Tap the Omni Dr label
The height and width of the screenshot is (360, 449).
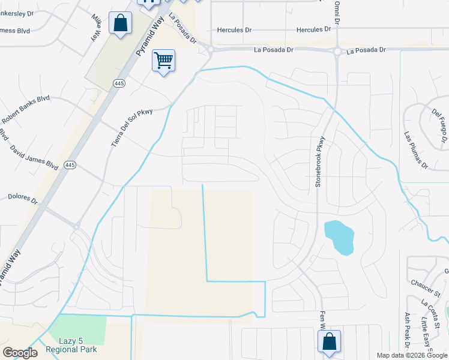click(x=337, y=11)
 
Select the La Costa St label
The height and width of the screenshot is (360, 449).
click(x=430, y=311)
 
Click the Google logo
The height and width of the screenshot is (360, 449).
click(x=20, y=353)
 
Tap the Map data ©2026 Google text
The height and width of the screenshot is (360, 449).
click(x=411, y=355)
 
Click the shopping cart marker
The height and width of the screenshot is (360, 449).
click(x=163, y=61)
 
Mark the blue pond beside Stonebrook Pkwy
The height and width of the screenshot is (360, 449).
click(x=338, y=237)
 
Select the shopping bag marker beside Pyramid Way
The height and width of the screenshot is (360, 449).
click(x=121, y=23)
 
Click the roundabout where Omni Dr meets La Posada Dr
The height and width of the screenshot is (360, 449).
click(x=338, y=52)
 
